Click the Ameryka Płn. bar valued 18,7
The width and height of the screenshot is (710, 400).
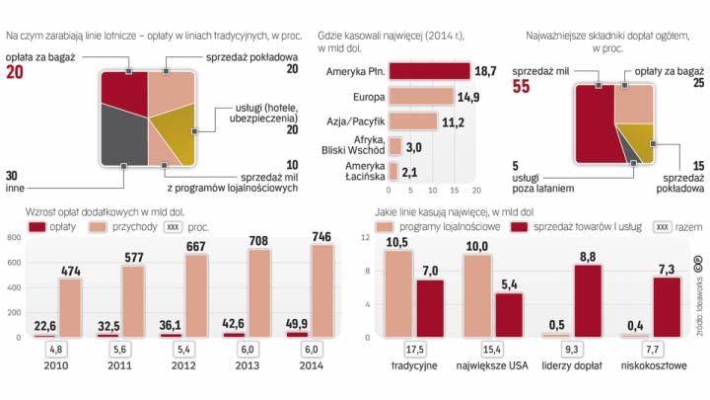(430, 72)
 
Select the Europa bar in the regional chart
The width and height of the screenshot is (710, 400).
(421, 97)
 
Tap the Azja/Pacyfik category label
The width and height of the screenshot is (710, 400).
(353, 121)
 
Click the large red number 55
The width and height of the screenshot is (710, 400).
(519, 88)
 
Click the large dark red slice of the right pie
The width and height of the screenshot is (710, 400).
(596, 123)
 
